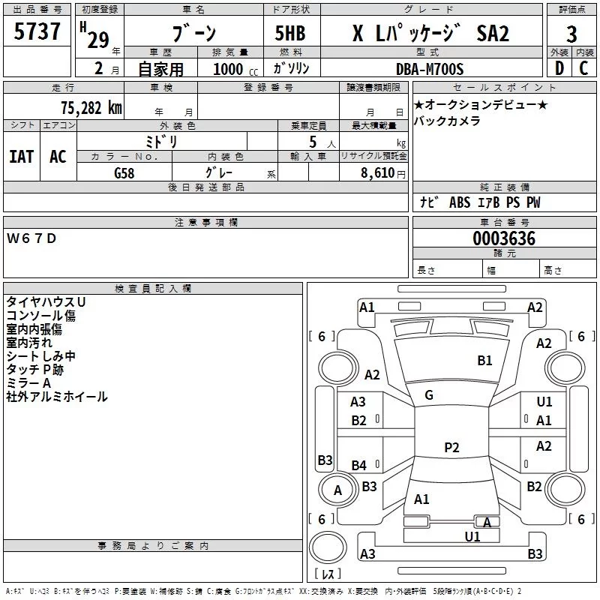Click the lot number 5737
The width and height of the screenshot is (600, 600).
click(37, 32)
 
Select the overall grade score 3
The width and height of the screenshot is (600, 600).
click(571, 34)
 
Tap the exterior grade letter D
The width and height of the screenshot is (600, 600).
click(559, 68)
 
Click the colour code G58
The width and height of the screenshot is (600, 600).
click(124, 173)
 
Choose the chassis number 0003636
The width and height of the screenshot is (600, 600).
click(504, 238)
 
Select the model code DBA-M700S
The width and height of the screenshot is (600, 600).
click(430, 69)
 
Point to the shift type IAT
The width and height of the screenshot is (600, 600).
click(21, 156)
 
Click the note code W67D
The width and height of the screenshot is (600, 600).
click(31, 238)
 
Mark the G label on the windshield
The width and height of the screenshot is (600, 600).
click(428, 395)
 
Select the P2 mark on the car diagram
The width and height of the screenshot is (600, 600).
click(451, 447)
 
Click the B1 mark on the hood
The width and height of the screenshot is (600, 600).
click(485, 361)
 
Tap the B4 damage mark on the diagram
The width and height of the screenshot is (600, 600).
click(359, 466)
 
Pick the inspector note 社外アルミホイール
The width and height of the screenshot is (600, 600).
click(57, 397)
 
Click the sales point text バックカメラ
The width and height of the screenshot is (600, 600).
click(447, 121)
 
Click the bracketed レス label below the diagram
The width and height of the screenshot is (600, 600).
click(330, 574)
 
